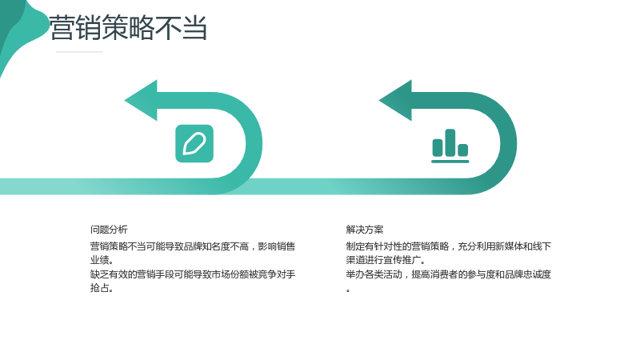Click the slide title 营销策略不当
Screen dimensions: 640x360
coord(128,28)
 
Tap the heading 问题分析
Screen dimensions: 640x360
coord(109,230)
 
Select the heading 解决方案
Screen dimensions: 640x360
coord(365,230)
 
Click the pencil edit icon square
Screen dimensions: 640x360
coord(194,144)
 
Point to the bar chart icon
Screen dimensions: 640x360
coord(450,146)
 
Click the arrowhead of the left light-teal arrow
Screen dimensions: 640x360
coord(141,101)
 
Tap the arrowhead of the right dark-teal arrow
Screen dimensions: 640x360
coord(395,101)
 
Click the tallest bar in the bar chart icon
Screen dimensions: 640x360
coord(450,142)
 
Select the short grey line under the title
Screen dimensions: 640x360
coord(79,52)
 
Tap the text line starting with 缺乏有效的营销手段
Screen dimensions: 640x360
coord(193,274)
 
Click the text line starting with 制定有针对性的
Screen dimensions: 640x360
coord(449,246)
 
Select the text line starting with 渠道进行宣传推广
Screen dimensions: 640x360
coord(386,260)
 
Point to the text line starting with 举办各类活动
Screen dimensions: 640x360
coord(449,274)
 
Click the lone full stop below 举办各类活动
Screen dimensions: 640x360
coord(348,290)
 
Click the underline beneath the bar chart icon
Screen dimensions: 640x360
coord(450,162)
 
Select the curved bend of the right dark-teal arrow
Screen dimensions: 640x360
coord(509,143)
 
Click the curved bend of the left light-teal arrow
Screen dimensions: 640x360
coord(254,143)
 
